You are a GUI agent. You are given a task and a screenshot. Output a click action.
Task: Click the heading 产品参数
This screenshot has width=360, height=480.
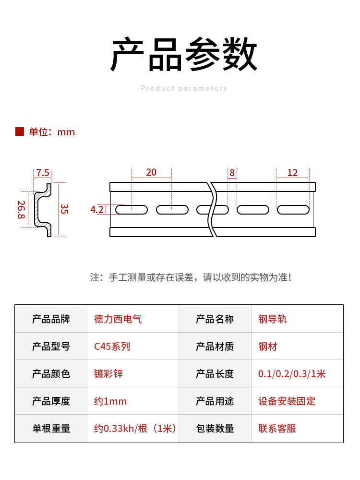coord(184,54)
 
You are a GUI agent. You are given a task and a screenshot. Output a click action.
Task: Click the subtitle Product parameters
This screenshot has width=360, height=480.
coord(184,88)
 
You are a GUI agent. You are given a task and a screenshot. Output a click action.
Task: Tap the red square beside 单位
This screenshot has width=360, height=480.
coord(20,132)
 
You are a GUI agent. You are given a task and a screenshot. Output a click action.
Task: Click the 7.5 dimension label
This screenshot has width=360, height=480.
coord(42,173)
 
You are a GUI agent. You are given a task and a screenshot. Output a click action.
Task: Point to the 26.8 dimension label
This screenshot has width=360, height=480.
coord(21,210)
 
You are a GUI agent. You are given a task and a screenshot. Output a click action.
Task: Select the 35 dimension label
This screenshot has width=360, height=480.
coord(64,209)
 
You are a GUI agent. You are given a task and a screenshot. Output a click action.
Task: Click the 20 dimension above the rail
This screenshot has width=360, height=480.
coord(151,172)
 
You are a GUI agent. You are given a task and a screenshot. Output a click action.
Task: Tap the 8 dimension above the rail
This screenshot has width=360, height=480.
coord(232,173)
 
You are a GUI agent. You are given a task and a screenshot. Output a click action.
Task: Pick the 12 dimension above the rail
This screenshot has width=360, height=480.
coord(292,173)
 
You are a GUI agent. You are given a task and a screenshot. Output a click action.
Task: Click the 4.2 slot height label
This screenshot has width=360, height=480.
coord(96,209)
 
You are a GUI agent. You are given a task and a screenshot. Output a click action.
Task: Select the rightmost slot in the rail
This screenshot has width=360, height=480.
coord(293,209)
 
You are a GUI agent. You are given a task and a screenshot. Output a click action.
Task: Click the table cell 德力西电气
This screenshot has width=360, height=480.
coord(118,319)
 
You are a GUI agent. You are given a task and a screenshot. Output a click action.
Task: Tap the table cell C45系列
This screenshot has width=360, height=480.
coord(112,346)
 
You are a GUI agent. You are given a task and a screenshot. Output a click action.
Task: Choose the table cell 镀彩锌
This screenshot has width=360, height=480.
coord(108,373)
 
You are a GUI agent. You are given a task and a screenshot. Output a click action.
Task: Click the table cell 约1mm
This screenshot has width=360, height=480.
coord(110,401)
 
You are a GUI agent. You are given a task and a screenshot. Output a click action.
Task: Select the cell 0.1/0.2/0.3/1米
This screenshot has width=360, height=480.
coord(292,373)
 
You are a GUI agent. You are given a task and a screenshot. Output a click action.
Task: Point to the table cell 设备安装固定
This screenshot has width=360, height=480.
coord(287,401)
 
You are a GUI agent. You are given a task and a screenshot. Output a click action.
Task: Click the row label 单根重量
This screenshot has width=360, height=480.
coord(51,428)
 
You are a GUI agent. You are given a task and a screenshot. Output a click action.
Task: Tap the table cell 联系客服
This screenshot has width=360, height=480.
coord(277,428)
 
